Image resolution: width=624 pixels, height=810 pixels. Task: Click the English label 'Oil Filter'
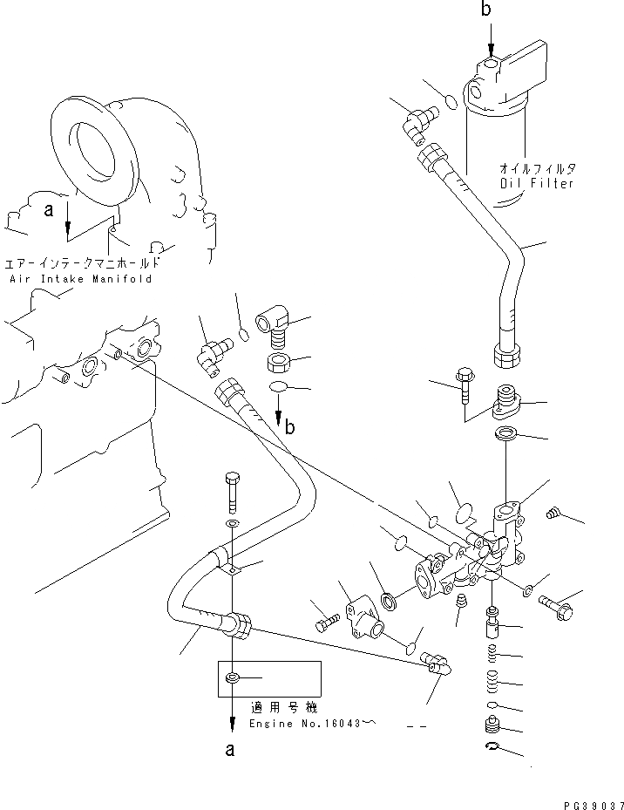click(537, 184)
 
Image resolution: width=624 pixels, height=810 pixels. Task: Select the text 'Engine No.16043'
click(302, 724)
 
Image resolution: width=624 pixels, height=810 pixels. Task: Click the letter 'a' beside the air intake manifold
click(49, 211)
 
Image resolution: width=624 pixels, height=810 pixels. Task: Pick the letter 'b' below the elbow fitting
click(289, 426)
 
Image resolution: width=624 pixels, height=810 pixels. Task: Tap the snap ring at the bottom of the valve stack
click(493, 747)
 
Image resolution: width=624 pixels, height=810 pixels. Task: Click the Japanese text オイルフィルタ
click(539, 168)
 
